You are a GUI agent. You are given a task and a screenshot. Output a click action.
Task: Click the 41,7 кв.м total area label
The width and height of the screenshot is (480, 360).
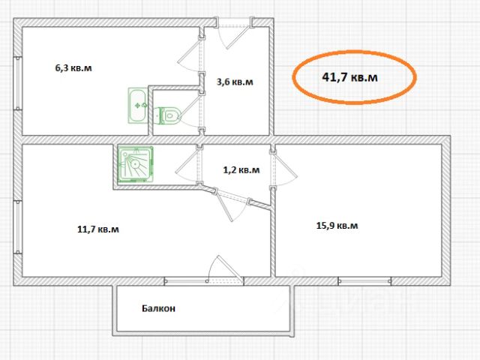(x=349, y=77)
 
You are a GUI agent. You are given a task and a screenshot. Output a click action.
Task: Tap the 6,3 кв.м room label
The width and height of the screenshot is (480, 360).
(x=73, y=67)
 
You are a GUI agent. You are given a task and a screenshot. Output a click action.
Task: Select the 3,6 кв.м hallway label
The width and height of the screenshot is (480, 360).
(x=235, y=82)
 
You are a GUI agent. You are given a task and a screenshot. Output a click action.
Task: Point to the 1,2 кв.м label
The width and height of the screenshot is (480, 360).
(x=241, y=170)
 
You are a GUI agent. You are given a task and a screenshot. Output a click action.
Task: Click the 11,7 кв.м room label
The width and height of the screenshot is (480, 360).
(x=98, y=229)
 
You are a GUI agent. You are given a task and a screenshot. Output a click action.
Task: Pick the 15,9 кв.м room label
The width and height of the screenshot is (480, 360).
(x=337, y=226)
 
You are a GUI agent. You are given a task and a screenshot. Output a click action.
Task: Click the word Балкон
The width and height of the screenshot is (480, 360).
(x=158, y=308)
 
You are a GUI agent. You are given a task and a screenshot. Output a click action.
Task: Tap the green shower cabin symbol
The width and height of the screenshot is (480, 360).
(x=135, y=164)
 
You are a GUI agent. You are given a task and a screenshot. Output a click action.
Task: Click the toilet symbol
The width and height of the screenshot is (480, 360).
(x=168, y=115)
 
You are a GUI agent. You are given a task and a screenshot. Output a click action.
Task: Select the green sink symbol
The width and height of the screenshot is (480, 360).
(x=137, y=106)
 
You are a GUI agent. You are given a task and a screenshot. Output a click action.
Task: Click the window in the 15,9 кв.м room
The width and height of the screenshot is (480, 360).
(x=364, y=281)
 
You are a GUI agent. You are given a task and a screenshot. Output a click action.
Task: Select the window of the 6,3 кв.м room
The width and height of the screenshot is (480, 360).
(x=18, y=83)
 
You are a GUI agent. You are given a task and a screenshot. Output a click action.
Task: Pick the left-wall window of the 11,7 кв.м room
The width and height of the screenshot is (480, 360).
(x=18, y=226)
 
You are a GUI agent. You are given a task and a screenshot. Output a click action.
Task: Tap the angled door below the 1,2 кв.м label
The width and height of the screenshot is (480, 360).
(x=232, y=203)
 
